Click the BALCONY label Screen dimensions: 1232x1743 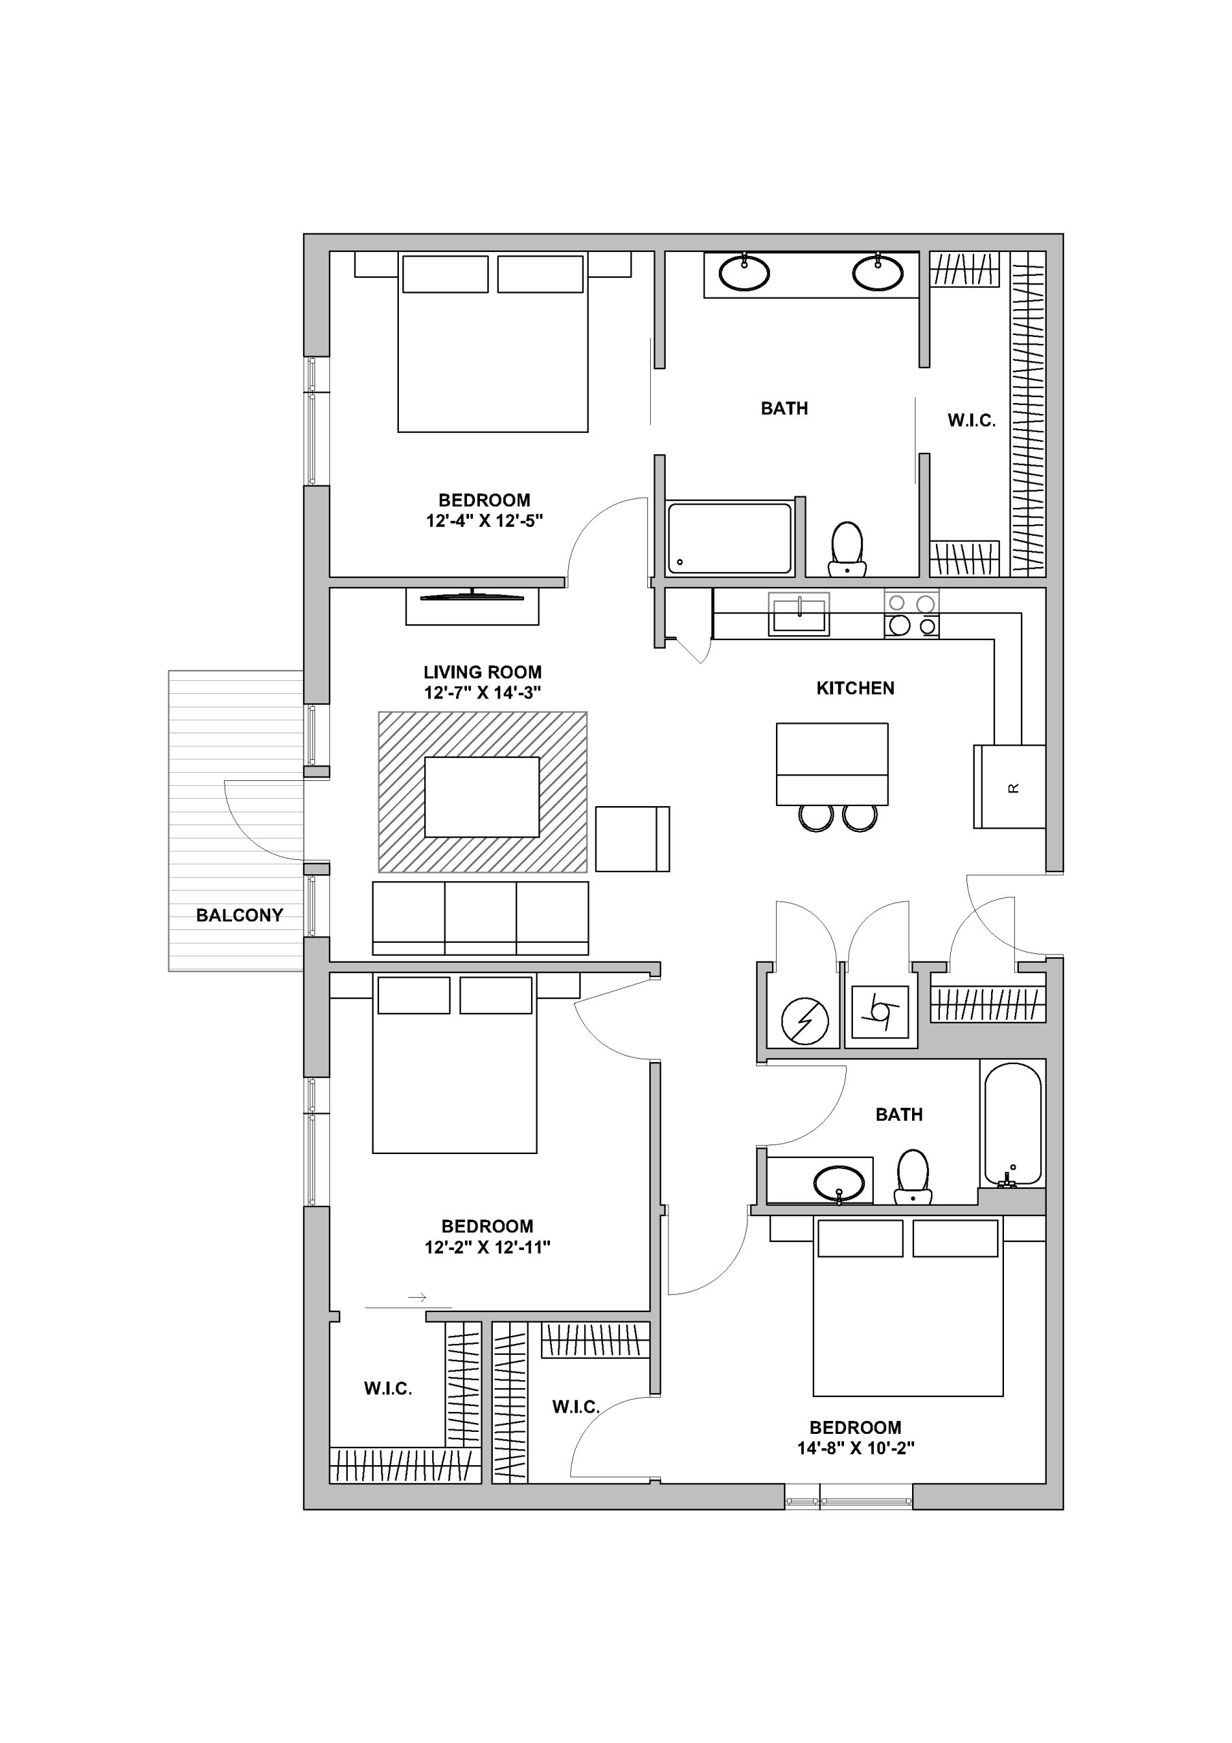tap(239, 916)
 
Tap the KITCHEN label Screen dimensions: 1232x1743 tap(855, 688)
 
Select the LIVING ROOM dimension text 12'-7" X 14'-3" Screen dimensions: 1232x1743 tap(482, 693)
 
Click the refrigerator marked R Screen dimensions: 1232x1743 tap(1009, 786)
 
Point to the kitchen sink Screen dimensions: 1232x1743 tap(798, 614)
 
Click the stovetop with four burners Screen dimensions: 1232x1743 tap(911, 613)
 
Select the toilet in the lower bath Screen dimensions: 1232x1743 tap(912, 1176)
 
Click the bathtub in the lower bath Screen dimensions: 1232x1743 tap(1013, 1123)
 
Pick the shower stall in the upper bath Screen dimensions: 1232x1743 tap(730, 537)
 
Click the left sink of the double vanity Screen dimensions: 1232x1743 tap(744, 273)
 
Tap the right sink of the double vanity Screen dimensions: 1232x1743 tap(877, 273)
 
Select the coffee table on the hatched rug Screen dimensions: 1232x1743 tap(482, 797)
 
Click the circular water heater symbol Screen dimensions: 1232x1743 tap(805, 1021)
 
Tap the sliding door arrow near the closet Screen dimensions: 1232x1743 tap(417, 1298)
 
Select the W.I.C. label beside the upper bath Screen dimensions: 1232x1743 tap(971, 421)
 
